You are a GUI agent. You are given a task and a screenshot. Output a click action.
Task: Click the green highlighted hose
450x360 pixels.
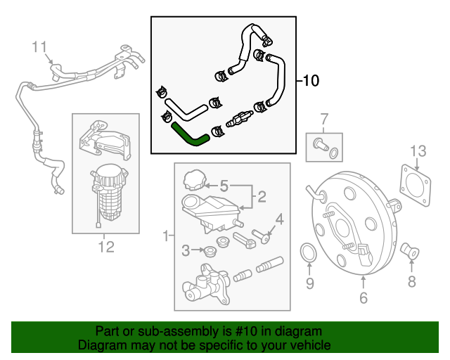point(189,134)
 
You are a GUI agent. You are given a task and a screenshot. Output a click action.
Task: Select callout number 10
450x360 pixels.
point(311,81)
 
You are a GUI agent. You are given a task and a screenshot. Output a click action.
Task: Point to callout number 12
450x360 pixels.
point(105,247)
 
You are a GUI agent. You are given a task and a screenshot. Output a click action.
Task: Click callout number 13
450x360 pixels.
point(418,150)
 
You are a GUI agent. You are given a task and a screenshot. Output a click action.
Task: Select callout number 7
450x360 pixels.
point(324,118)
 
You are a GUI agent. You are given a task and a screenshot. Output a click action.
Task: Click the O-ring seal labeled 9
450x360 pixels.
point(308,253)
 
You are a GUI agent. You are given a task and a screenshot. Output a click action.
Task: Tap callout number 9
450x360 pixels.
point(309,283)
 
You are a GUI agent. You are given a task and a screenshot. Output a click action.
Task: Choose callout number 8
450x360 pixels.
point(411,282)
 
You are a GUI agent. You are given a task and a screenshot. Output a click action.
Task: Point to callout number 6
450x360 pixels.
point(364,299)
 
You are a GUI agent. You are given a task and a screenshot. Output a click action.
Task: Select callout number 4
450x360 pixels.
point(279,220)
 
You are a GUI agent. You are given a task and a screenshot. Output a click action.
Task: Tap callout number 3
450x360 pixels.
point(186,250)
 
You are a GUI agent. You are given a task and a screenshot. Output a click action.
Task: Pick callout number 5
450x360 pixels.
point(224,186)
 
